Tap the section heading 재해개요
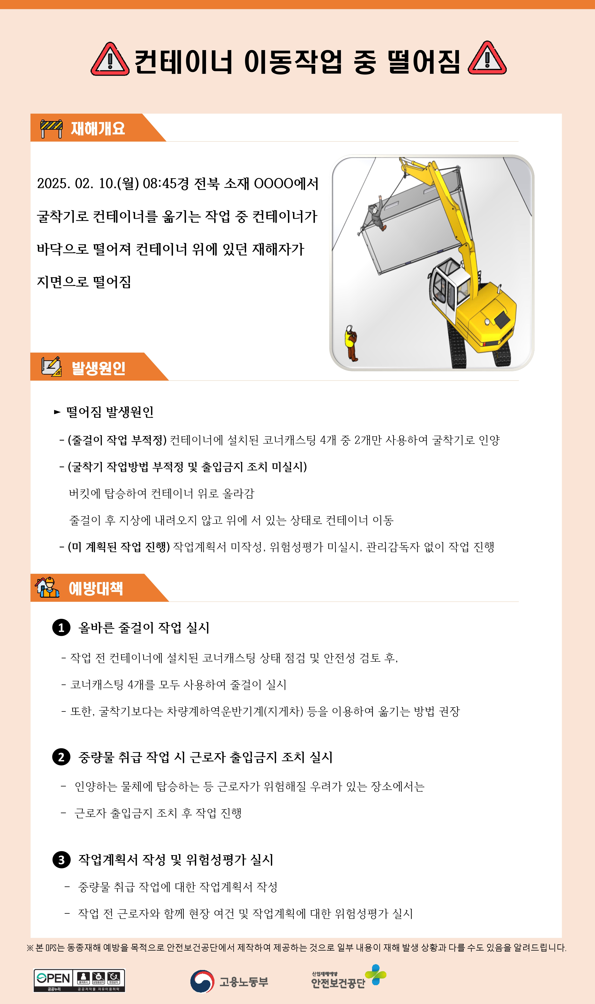(x=98, y=128)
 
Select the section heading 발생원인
(x=98, y=368)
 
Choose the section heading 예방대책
(x=96, y=588)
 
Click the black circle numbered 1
(x=61, y=628)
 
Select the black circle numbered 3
(x=61, y=860)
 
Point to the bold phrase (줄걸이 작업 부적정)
(x=117, y=440)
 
